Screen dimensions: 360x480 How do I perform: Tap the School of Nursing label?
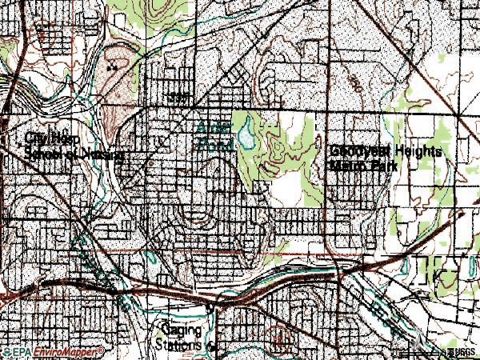tap(74, 153)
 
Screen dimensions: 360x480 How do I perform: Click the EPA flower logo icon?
tap(5, 352)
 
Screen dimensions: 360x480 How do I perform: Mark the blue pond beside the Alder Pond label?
tap(250, 134)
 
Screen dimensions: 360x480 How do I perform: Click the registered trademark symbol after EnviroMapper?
tap(101, 350)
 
